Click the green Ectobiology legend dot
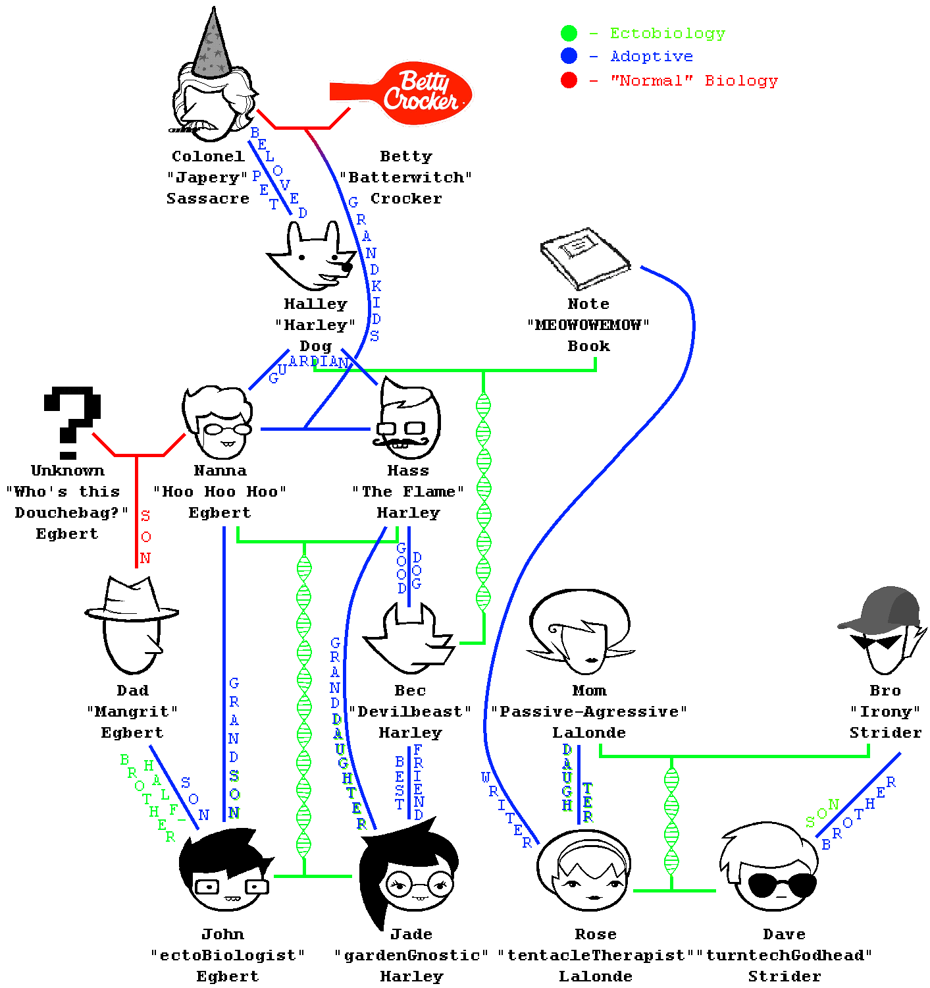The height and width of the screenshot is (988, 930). [569, 33]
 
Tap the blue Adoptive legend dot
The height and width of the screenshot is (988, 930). [569, 56]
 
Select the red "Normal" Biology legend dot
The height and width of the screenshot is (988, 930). [569, 80]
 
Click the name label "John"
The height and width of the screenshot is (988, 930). [223, 934]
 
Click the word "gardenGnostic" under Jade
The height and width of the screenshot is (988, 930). [411, 955]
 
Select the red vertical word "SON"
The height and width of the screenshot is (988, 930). [145, 537]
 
